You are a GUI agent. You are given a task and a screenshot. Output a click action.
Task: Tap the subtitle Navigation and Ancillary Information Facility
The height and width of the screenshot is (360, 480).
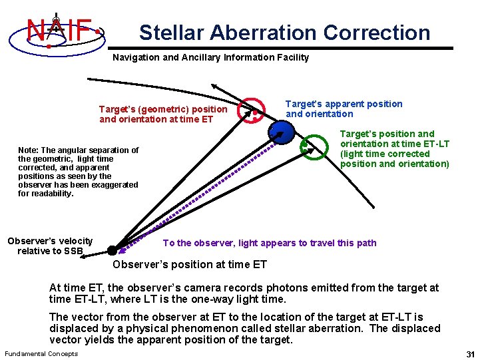210,57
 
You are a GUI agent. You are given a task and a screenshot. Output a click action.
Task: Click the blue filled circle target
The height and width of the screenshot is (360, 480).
282,134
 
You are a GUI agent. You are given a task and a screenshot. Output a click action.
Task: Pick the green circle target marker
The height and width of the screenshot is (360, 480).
312,148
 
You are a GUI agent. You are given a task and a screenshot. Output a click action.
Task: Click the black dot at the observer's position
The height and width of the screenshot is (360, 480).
112,250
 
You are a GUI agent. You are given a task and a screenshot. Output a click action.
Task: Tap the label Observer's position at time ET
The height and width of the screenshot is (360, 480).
190,264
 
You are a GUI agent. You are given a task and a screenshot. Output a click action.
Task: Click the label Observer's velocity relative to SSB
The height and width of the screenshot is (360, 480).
50,246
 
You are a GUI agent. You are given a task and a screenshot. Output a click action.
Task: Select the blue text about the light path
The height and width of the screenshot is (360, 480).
270,243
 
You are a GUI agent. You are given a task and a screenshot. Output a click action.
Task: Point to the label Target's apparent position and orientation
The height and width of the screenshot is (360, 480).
344,108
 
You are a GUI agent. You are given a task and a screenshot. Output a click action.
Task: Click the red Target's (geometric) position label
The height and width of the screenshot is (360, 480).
163,114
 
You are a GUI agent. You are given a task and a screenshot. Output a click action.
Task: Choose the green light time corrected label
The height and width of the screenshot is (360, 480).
394,148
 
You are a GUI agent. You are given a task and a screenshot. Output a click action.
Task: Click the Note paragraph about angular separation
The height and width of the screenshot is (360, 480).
78,172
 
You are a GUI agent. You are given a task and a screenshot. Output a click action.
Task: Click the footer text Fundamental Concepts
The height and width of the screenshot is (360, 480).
41,353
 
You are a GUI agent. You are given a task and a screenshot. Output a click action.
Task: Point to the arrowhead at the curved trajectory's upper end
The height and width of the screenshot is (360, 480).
214,86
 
